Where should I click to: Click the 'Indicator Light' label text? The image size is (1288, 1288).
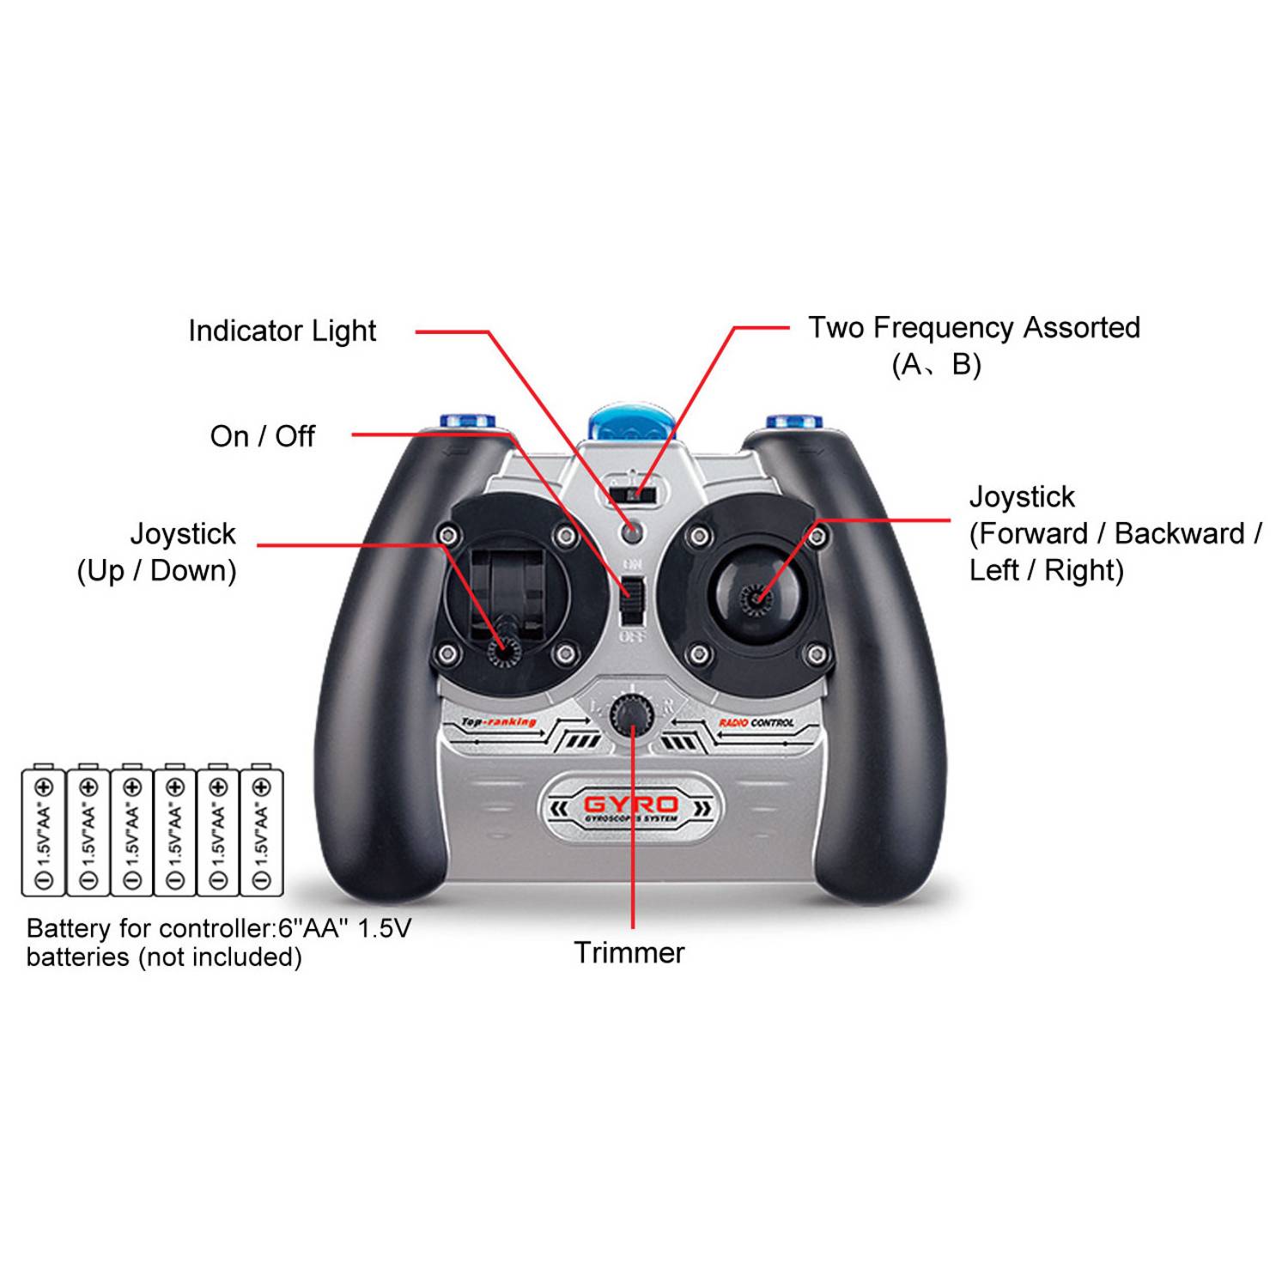coord(282,331)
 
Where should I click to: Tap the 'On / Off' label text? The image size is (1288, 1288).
coord(262,436)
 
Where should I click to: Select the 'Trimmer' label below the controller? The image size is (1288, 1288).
coord(629,953)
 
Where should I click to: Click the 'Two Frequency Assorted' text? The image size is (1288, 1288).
coord(974,328)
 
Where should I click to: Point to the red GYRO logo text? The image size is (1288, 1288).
coord(631,805)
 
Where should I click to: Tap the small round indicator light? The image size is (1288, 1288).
coord(632,532)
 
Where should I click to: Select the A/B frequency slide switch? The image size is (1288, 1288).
coord(632,495)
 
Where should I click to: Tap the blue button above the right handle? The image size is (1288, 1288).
coord(794,422)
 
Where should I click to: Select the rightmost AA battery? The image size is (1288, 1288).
coord(262,831)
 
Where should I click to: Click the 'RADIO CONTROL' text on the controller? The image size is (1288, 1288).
coord(756,723)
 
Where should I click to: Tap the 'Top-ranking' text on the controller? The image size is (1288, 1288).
coord(499,722)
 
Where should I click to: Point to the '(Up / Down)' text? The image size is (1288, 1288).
coord(156,571)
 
